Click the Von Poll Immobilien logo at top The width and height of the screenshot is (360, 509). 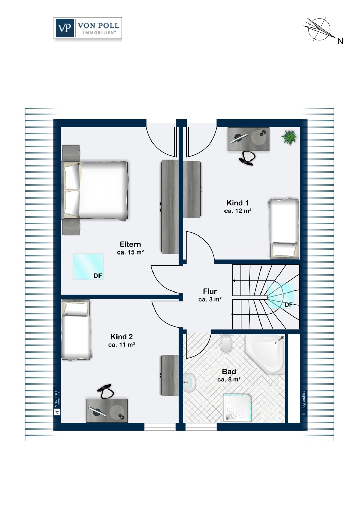pyautogui.click(x=88, y=28)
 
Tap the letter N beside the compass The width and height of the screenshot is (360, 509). pyautogui.click(x=340, y=41)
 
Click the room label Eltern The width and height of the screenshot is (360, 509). pyautogui.click(x=130, y=244)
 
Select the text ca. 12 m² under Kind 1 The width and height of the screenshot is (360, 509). pyautogui.click(x=238, y=211)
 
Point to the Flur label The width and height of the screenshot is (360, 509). pyautogui.click(x=210, y=291)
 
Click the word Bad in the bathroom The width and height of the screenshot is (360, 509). pyautogui.click(x=229, y=372)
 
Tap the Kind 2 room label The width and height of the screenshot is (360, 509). pyautogui.click(x=122, y=337)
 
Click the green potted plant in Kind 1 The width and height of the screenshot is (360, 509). pyautogui.click(x=289, y=136)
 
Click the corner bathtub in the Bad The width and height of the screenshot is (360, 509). pyautogui.click(x=265, y=354)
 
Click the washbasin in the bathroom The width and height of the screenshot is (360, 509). pyautogui.click(x=190, y=383)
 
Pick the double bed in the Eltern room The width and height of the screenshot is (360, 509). pyautogui.click(x=95, y=190)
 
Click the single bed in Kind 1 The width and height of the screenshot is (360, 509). pyautogui.click(x=284, y=228)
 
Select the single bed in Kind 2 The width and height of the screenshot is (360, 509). pyautogui.click(x=76, y=330)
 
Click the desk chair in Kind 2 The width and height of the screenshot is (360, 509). pyautogui.click(x=105, y=391)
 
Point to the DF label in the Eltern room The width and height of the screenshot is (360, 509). pyautogui.click(x=98, y=276)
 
